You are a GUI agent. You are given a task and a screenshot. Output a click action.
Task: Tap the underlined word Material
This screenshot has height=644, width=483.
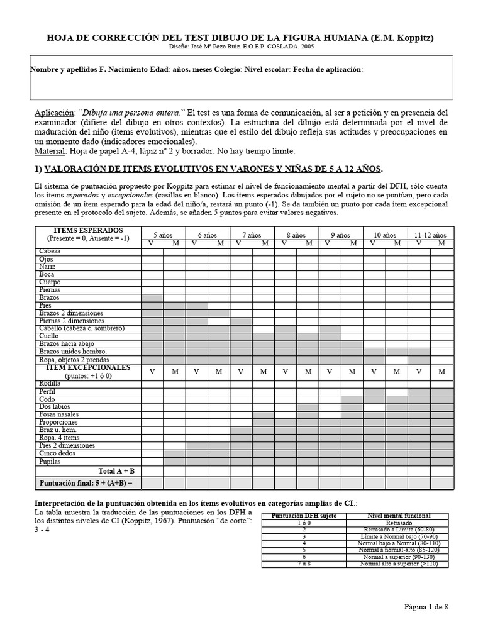48,152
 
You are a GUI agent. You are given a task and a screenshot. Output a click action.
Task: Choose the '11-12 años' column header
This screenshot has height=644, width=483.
430,234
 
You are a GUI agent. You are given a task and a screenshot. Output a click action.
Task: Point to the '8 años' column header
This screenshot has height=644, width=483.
297,234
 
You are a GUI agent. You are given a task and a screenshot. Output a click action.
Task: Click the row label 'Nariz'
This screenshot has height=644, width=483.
47,267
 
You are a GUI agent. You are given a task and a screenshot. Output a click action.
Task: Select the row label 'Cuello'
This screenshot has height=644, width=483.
49,336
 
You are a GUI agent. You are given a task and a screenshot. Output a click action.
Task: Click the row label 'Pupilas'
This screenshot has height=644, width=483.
50,461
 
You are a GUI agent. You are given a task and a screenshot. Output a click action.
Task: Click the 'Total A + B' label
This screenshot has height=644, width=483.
116,470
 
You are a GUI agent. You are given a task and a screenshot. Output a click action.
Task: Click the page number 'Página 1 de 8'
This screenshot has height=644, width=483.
426,606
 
